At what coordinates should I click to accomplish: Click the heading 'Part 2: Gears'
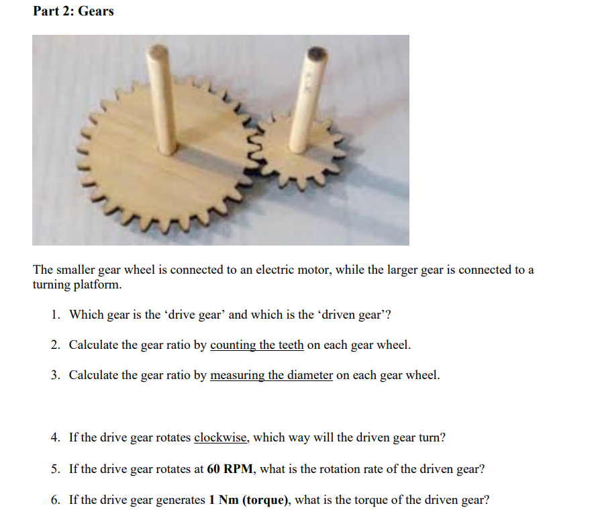pyautogui.click(x=73, y=11)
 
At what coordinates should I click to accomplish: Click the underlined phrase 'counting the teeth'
pyautogui.click(x=257, y=346)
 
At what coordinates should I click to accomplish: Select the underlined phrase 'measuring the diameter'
pyautogui.click(x=271, y=375)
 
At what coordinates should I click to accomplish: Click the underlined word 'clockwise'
pyautogui.click(x=221, y=438)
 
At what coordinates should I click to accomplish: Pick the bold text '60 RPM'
pyautogui.click(x=230, y=469)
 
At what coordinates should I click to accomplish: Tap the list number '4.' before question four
pyautogui.click(x=56, y=438)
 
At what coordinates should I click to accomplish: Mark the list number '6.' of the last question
pyautogui.click(x=56, y=500)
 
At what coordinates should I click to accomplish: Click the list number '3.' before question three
pyautogui.click(x=56, y=375)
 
